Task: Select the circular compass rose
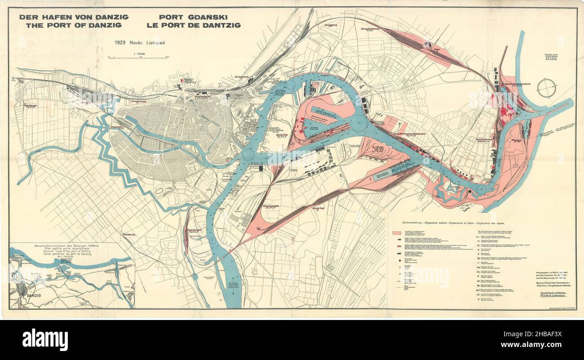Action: point(546,88)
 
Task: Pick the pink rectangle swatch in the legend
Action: point(397,234)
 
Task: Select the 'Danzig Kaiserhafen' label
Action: point(274,206)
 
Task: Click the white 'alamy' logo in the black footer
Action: point(45,339)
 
